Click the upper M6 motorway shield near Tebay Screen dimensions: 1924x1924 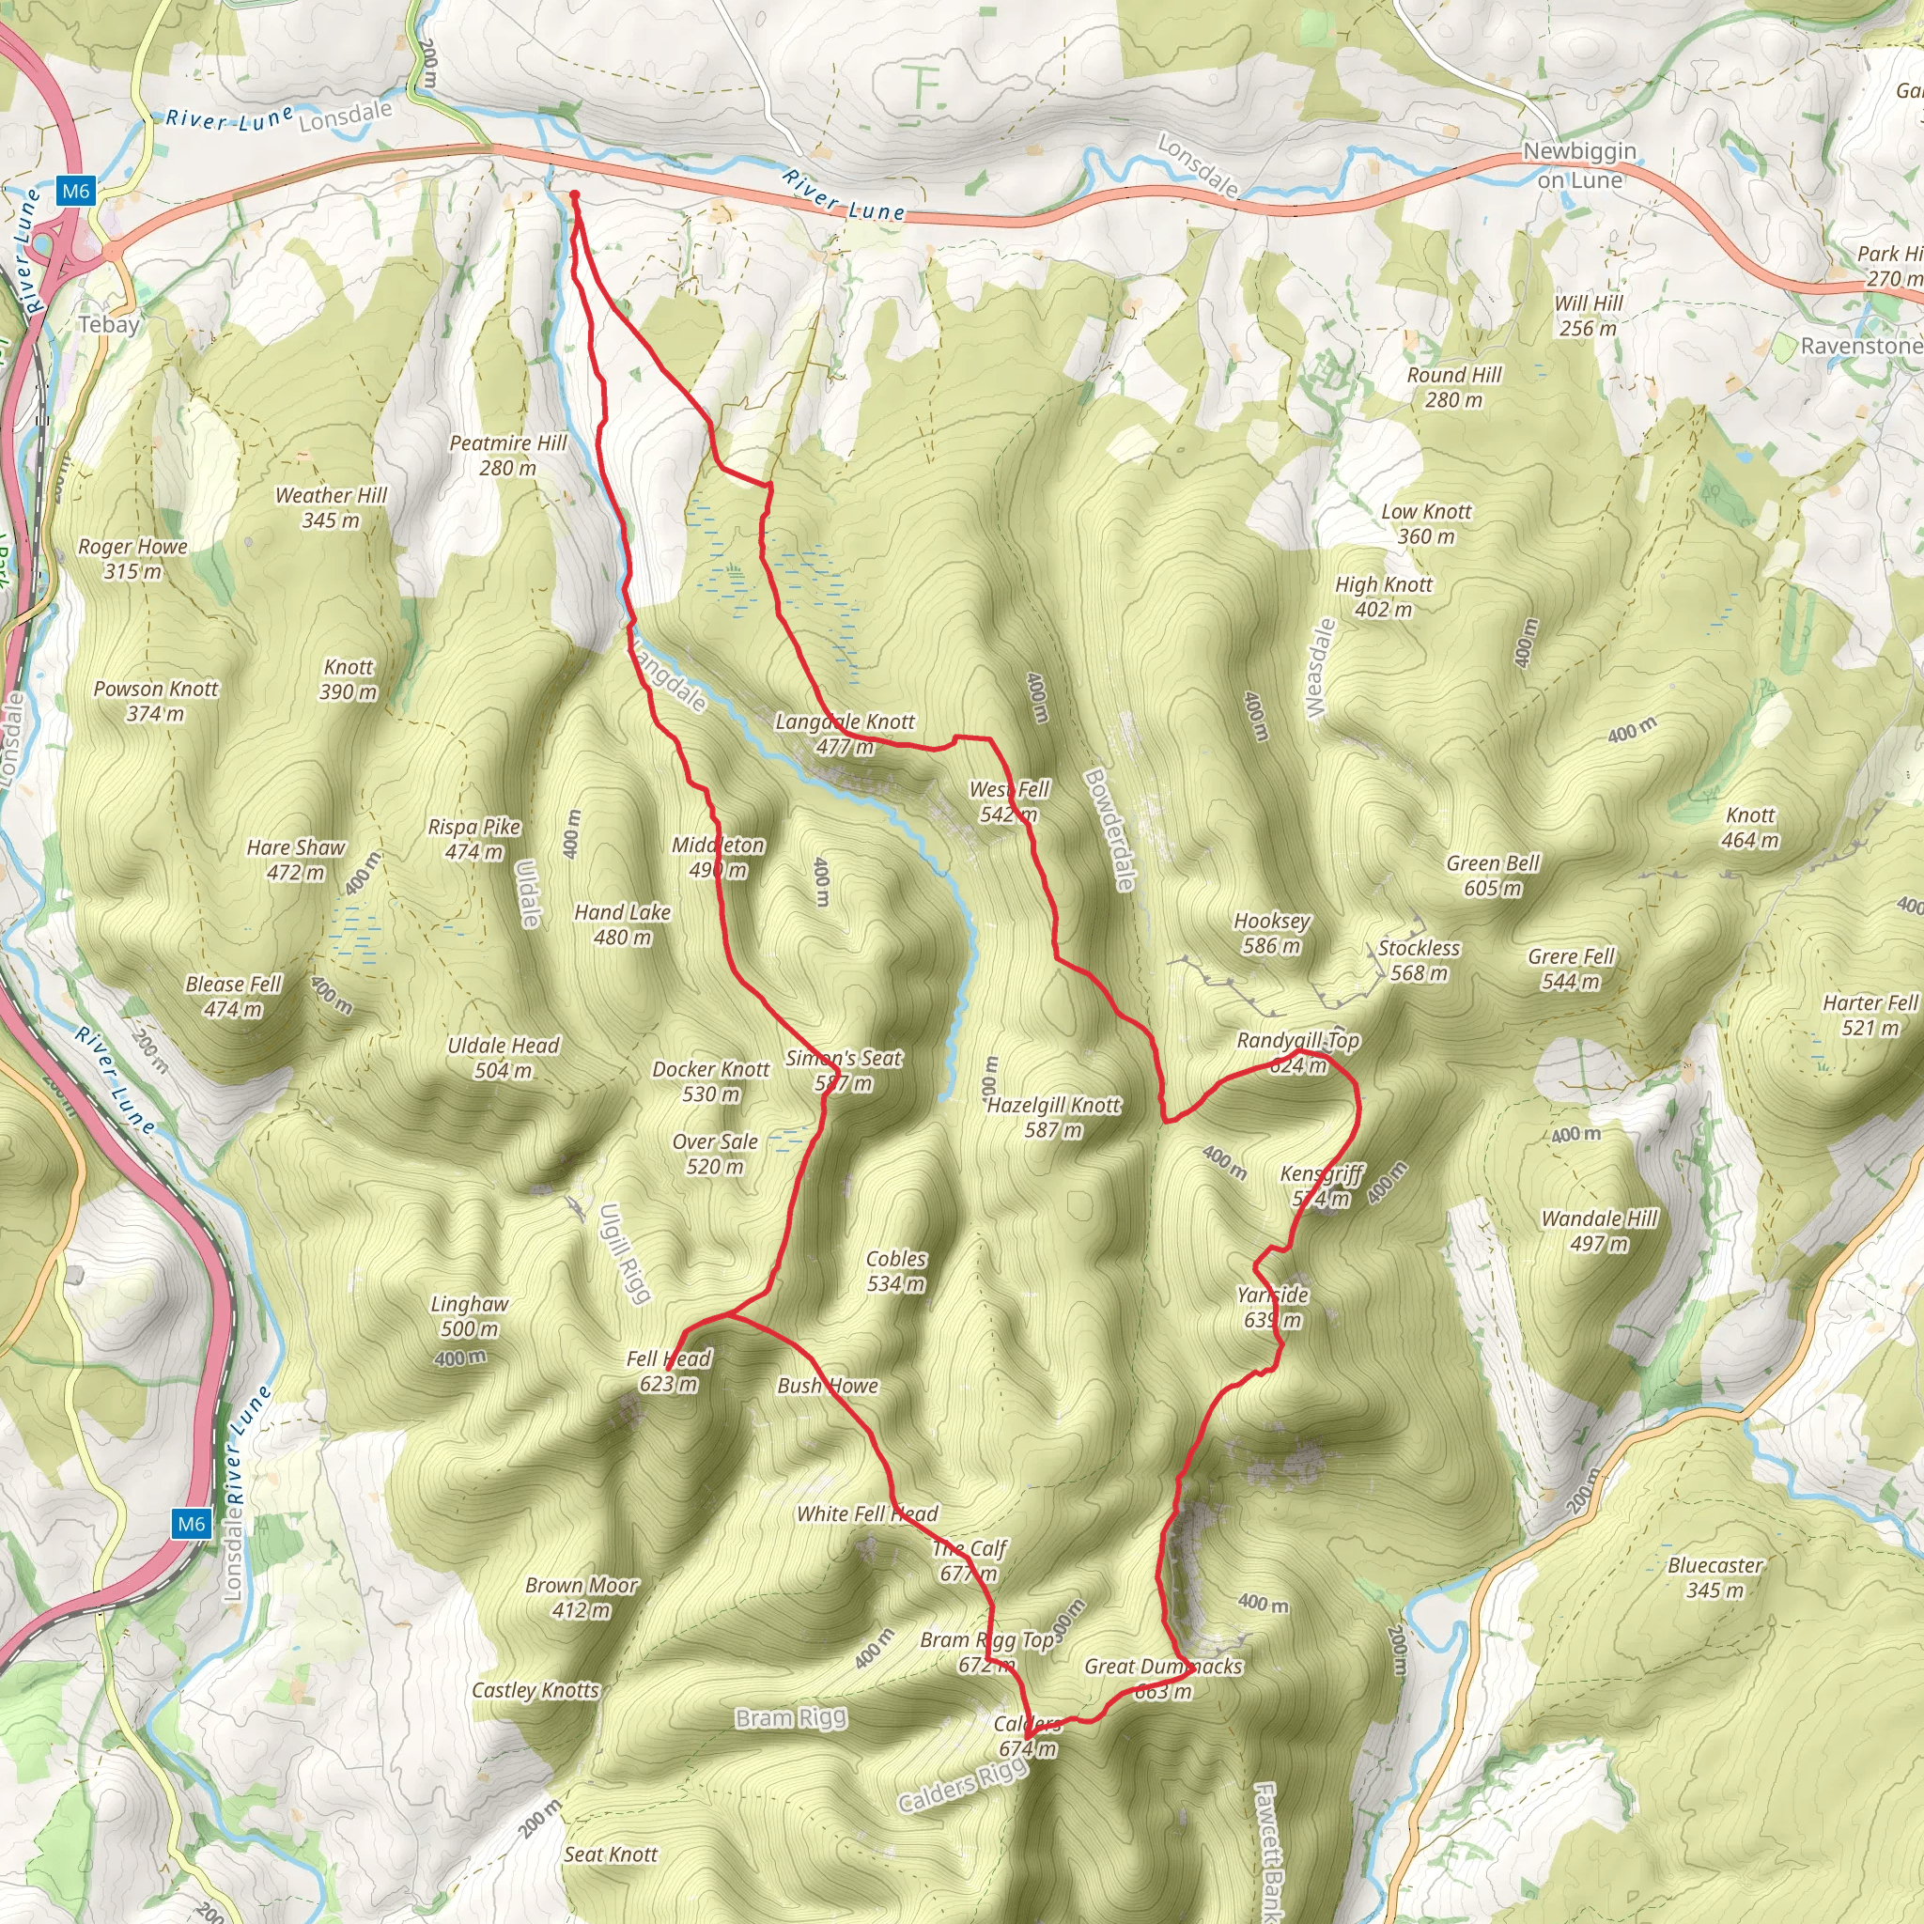[x=75, y=192]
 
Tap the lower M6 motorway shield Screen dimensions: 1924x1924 [x=192, y=1523]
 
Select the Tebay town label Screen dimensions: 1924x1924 [x=109, y=325]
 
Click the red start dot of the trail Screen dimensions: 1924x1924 [x=575, y=194]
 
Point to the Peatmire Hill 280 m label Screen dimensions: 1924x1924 [x=508, y=455]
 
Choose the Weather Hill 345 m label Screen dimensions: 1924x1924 [x=331, y=507]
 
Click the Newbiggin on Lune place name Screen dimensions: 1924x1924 [x=1579, y=165]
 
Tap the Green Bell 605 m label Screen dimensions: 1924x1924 [x=1493, y=876]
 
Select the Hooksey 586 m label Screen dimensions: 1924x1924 [x=1272, y=933]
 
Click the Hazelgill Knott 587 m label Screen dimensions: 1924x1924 [x=1054, y=1117]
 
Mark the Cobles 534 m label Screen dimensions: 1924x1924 [x=896, y=1272]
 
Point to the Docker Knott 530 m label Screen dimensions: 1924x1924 [x=711, y=1081]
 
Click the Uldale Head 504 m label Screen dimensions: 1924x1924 [x=503, y=1058]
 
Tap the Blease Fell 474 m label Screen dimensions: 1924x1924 [x=234, y=996]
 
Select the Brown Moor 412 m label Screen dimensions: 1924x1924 [x=582, y=1597]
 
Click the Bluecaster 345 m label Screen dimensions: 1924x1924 [x=1715, y=1577]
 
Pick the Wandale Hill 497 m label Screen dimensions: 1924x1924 [x=1599, y=1231]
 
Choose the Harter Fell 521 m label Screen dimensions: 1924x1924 [x=1870, y=1015]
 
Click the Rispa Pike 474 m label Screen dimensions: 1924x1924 [x=474, y=839]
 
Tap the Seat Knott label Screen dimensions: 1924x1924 [x=611, y=1854]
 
